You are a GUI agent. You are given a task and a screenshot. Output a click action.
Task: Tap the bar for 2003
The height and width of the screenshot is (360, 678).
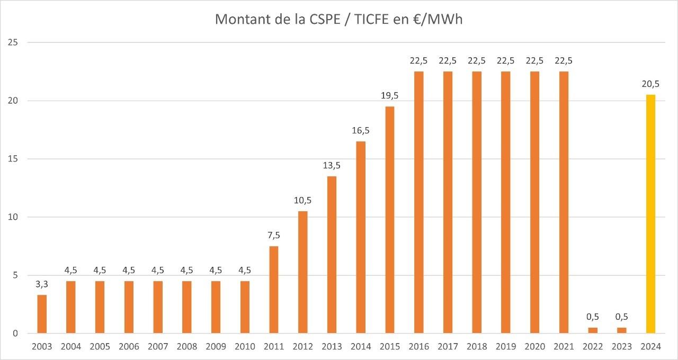pyautogui.click(x=42, y=314)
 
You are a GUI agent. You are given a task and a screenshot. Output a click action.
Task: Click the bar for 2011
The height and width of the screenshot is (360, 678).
pyautogui.click(x=273, y=290)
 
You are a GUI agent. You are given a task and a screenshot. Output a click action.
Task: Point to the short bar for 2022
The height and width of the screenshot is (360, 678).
pyautogui.click(x=592, y=330)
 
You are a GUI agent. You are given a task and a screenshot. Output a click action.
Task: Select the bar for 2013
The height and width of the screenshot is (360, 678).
pyautogui.click(x=332, y=255)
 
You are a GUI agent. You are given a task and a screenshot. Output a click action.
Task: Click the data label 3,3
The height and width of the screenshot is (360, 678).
pyautogui.click(x=42, y=284)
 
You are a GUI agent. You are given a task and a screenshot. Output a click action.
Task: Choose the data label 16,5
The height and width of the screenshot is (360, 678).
pyautogui.click(x=361, y=131)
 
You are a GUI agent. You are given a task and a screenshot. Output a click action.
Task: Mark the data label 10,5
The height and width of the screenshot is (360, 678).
pyautogui.click(x=302, y=201)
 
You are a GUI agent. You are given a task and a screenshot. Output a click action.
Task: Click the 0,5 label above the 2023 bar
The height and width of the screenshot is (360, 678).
pyautogui.click(x=621, y=317)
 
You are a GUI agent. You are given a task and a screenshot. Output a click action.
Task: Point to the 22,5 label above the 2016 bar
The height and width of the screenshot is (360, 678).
pyautogui.click(x=418, y=61)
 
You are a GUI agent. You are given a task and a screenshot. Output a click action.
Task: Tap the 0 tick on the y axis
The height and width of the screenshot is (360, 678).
pyautogui.click(x=16, y=334)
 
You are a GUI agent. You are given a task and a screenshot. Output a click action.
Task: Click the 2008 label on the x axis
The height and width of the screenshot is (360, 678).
pyautogui.click(x=186, y=347)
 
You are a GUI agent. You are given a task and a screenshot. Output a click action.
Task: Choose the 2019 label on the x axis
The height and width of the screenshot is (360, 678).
pyautogui.click(x=505, y=347)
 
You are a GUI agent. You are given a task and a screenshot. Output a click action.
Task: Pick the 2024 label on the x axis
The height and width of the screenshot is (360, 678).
pyautogui.click(x=650, y=347)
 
